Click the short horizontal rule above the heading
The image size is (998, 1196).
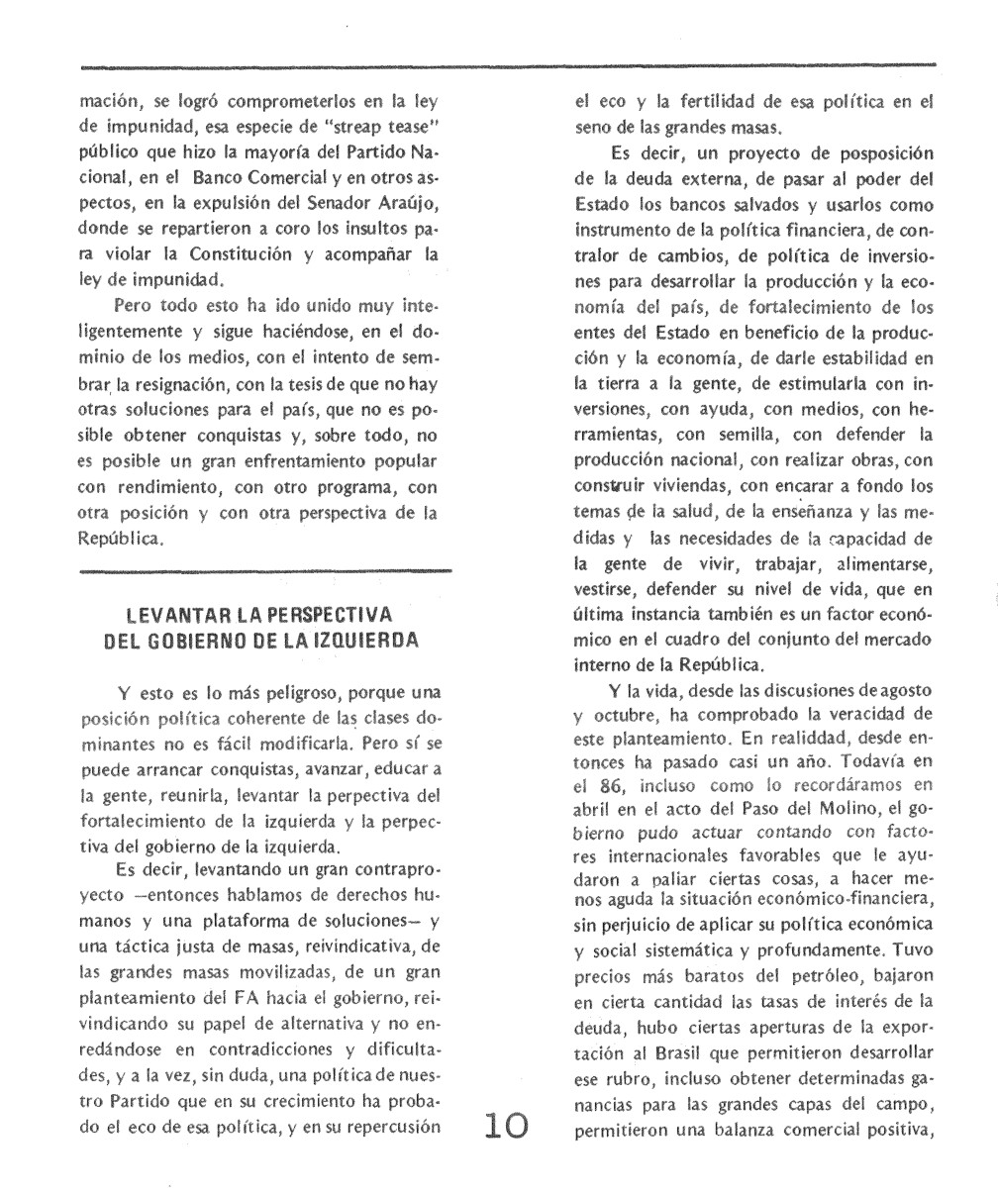tap(264, 571)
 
